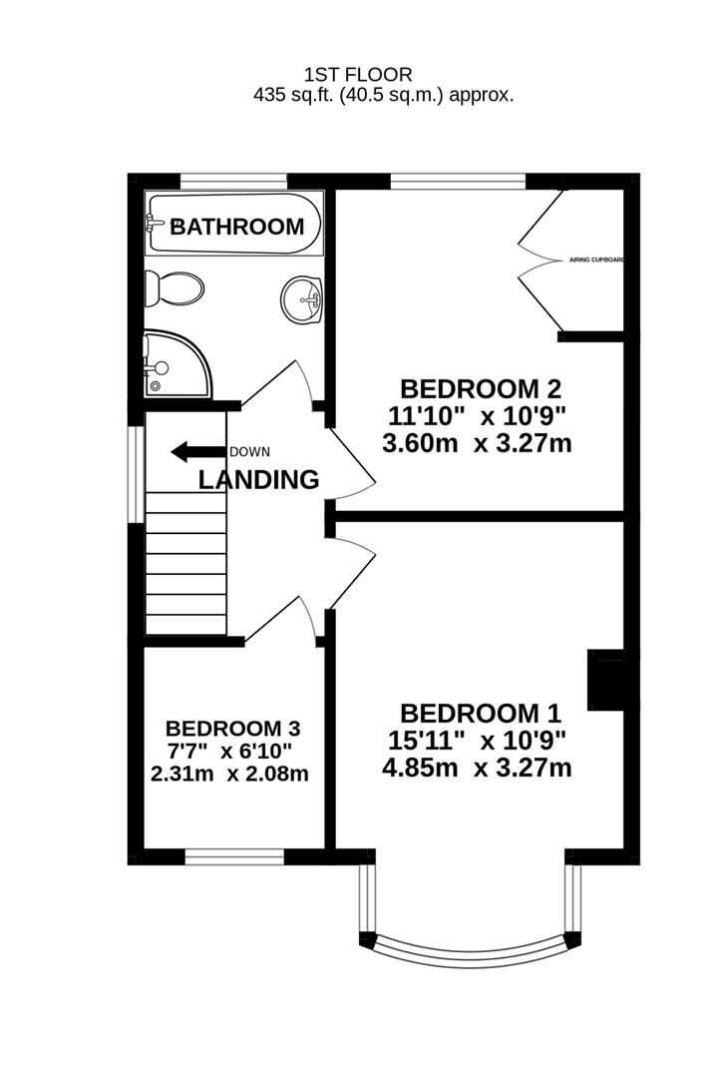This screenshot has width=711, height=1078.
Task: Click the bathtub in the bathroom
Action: click(234, 226)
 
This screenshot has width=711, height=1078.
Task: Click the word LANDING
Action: click(259, 480)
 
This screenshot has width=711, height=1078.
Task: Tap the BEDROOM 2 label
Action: click(481, 388)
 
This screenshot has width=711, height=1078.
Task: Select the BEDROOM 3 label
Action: click(233, 728)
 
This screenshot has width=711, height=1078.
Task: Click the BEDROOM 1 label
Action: click(481, 714)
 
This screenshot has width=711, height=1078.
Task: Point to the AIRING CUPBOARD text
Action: click(596, 260)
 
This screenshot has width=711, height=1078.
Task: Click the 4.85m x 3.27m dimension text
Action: click(477, 768)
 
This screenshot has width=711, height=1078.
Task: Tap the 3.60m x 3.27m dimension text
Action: click(477, 443)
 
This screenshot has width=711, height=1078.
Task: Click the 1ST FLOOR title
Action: click(358, 74)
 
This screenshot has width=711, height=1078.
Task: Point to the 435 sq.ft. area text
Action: click(384, 96)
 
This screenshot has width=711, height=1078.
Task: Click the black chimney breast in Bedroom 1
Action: click(606, 680)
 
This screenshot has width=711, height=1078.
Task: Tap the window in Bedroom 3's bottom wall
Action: click(234, 855)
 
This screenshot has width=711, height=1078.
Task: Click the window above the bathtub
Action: click(233, 181)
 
